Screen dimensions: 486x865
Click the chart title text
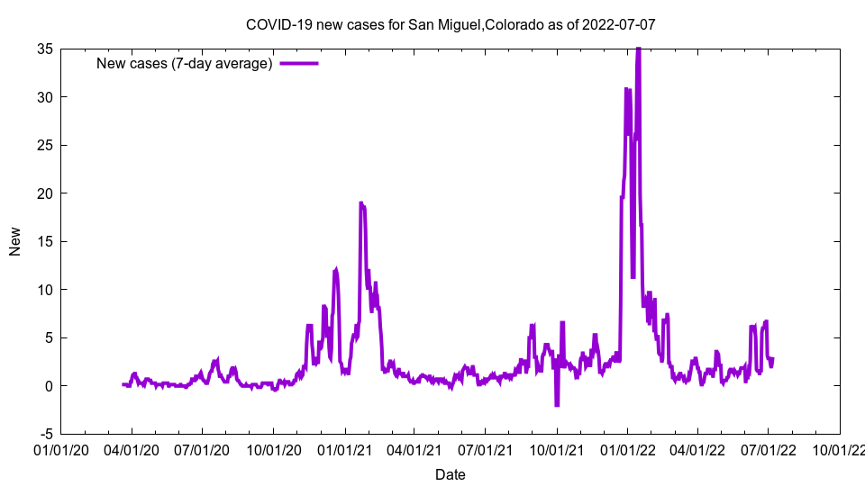pyautogui.click(x=451, y=24)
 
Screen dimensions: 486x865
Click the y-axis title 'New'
pyautogui.click(x=15, y=241)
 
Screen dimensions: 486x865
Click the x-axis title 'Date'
pyautogui.click(x=451, y=474)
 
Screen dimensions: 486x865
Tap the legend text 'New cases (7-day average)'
pyautogui.click(x=184, y=64)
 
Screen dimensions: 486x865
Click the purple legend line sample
pyautogui.click(x=299, y=64)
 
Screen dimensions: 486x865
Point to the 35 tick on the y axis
pyautogui.click(x=44, y=49)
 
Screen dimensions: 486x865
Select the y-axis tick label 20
pyautogui.click(x=44, y=193)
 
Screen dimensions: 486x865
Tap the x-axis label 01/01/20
pyautogui.click(x=61, y=448)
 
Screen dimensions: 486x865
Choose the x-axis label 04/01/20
pyautogui.click(x=132, y=448)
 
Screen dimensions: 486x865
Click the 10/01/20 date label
pyautogui.click(x=274, y=448)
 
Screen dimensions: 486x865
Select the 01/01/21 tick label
pyautogui.click(x=344, y=448)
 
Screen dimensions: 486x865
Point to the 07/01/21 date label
pyautogui.click(x=486, y=448)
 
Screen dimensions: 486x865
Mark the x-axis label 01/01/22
pyautogui.click(x=627, y=448)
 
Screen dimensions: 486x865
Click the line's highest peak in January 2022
pyautogui.click(x=638, y=50)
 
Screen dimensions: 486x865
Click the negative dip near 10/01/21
pyautogui.click(x=557, y=405)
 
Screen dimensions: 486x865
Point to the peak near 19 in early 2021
pyautogui.click(x=361, y=203)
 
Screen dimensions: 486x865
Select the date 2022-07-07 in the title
pyautogui.click(x=618, y=24)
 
